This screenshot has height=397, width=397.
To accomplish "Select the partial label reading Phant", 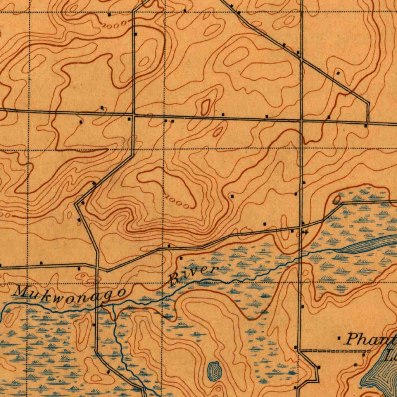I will coord(371,340).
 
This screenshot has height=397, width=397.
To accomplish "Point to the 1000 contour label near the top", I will coord(115,24).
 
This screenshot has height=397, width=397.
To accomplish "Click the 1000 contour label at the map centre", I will coord(179,202).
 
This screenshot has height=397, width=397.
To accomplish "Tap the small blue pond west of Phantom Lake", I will coord(213,370).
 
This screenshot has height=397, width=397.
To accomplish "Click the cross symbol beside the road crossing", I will coord(306,232).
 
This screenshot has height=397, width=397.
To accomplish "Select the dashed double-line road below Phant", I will coord(333,350).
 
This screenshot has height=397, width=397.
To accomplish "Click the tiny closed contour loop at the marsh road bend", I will coord(337,199).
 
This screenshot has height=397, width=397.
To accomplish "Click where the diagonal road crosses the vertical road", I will coord(301,58).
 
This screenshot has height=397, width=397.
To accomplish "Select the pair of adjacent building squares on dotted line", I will coord(169,121).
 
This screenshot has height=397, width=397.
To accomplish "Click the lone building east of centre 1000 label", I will coord(232,197).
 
